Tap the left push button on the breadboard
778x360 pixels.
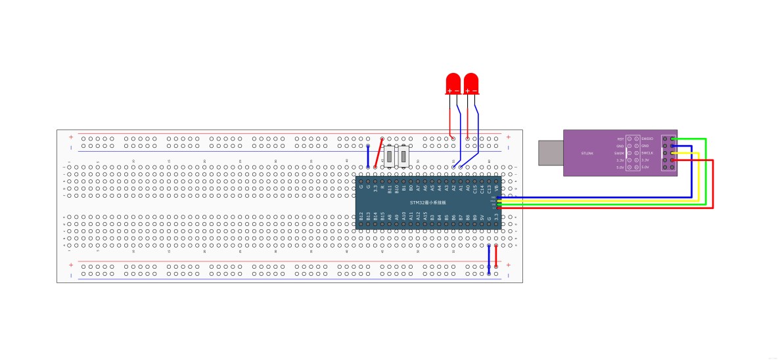[390, 156]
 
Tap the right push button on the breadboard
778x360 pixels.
[403, 156]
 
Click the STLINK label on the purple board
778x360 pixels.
[587, 153]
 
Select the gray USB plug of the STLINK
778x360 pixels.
[551, 152]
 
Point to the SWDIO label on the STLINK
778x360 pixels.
[647, 139]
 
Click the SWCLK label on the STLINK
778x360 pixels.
[647, 153]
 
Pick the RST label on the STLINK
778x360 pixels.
[620, 139]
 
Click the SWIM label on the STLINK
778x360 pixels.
[619, 153]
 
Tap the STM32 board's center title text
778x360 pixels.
[427, 203]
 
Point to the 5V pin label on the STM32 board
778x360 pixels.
[482, 217]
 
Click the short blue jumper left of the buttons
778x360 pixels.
[368, 156]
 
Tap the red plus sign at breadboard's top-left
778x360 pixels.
[71, 137]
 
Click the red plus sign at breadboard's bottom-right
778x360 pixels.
[508, 265]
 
